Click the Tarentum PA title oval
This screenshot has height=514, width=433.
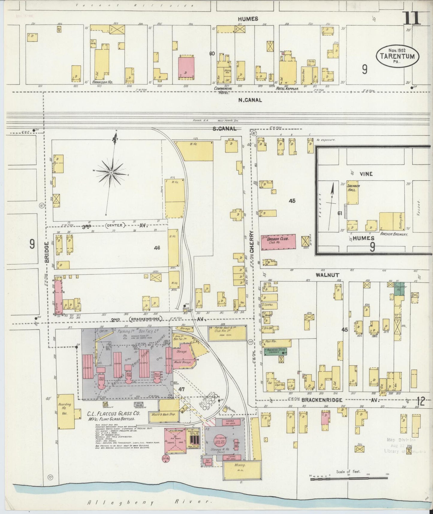pos(397,56)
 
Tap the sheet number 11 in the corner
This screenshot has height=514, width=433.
pos(412,19)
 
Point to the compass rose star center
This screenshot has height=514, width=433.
pos(111,173)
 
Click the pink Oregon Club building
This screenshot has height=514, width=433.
pos(278,242)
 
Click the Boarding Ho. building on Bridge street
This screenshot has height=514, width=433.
pos(65,408)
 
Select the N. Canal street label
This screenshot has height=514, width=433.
pos(250,100)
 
